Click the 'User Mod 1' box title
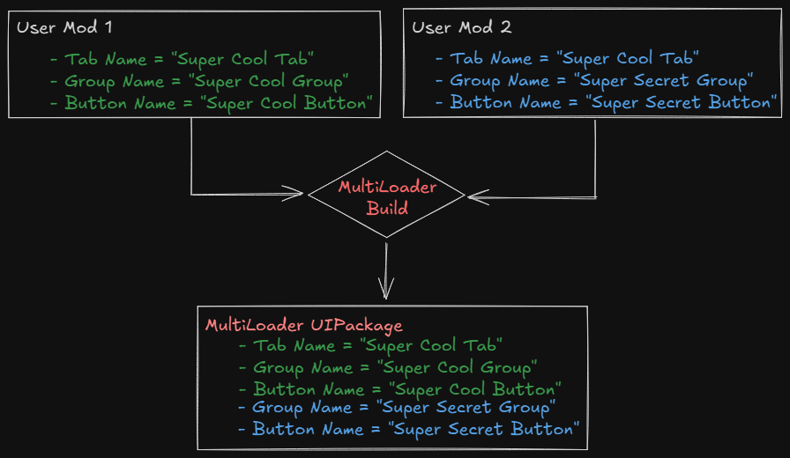(x=64, y=27)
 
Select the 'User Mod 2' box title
(x=462, y=27)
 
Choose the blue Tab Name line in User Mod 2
(x=567, y=59)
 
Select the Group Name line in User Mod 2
(x=593, y=81)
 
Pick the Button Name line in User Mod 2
(x=608, y=102)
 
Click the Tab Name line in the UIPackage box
(x=370, y=345)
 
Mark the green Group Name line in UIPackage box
(x=388, y=367)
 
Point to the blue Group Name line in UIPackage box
(x=396, y=408)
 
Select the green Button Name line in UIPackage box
(x=399, y=388)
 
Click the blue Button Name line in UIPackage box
(x=409, y=429)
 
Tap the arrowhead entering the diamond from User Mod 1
(x=295, y=194)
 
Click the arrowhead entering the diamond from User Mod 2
(x=476, y=197)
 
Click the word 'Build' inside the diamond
(x=388, y=209)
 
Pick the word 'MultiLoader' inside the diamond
(x=388, y=188)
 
